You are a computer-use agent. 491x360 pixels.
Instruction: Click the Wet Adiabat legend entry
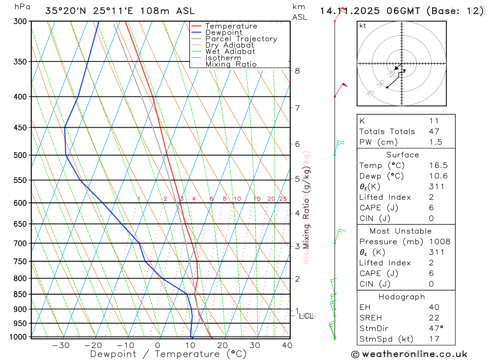point(230,52)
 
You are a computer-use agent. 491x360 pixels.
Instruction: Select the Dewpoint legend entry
point(223,32)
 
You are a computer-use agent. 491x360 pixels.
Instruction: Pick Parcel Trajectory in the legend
point(241,39)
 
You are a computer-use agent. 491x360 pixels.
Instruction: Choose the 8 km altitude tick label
point(297,71)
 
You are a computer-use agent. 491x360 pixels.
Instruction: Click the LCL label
point(308,316)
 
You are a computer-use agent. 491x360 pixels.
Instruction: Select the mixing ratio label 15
point(257,199)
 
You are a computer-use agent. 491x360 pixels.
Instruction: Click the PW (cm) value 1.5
point(435,142)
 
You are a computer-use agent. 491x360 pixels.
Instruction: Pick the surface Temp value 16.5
point(438,166)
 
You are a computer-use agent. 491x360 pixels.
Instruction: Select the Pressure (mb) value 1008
point(439,242)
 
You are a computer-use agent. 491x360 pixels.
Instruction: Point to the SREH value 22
point(434,318)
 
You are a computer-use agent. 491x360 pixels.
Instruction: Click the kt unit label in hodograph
point(363,26)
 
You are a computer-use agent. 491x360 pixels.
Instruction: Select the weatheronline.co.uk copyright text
point(409,354)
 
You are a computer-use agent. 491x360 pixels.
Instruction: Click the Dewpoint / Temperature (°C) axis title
point(168,354)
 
